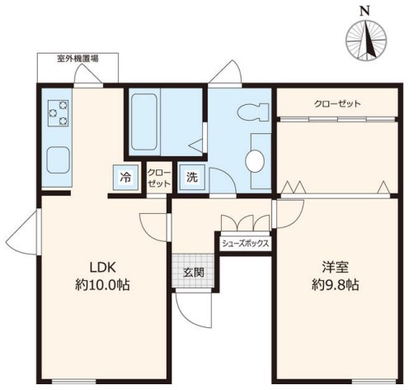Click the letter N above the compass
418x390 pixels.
pos(364,12)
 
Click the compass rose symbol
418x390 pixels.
pos(366,40)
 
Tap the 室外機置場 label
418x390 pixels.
pos(77,59)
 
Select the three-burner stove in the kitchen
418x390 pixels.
pos(59,112)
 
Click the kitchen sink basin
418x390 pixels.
pos(58,160)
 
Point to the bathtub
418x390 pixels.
pos(144,121)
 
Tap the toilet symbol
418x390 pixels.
pos(252,112)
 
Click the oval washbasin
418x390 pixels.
pos(255,161)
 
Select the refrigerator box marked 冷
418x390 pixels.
pos(125,177)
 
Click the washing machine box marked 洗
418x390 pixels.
pos(192,177)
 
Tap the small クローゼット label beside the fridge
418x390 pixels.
pos(159,178)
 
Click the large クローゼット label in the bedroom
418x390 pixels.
pos(337,104)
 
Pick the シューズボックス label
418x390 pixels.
pos(245,244)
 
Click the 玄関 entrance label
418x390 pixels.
pos(194,273)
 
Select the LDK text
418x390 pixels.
pos(102,267)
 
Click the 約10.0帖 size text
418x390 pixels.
pos(102,285)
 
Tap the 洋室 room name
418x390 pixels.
pos(336,267)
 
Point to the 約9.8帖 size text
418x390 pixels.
pos(336,285)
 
